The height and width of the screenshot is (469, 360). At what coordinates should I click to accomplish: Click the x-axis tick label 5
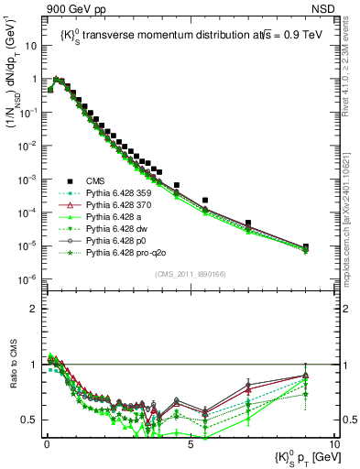point(190,442)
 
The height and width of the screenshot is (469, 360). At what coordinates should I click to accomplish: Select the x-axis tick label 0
point(47,442)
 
